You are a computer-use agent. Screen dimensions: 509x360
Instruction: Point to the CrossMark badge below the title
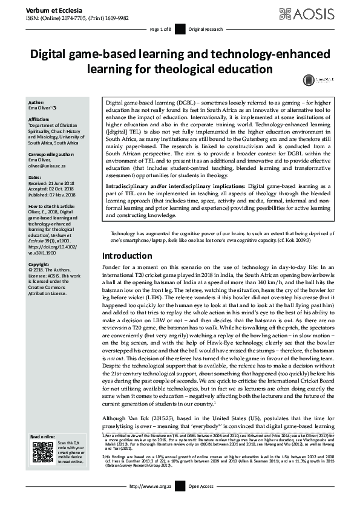click(309, 79)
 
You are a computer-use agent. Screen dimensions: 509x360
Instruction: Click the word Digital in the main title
click(57, 55)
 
